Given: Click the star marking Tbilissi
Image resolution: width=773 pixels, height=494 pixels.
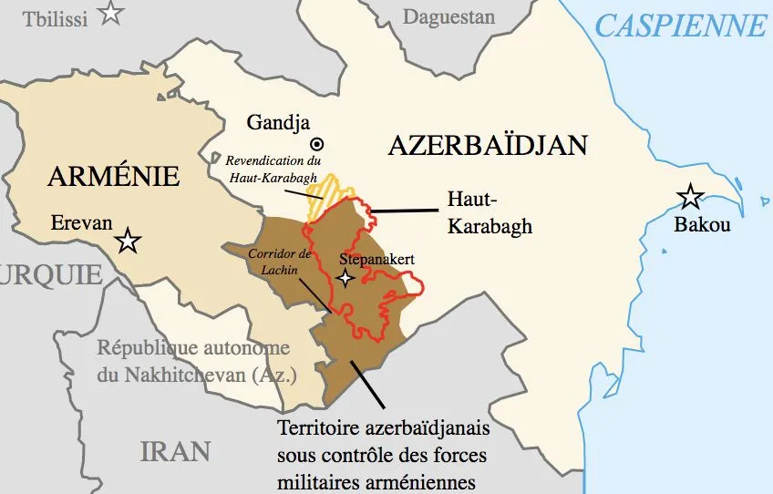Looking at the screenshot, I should coord(111,14).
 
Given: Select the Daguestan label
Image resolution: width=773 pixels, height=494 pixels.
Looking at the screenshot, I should coord(448,16).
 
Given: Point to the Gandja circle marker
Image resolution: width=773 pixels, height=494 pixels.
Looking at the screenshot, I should coord(317,143).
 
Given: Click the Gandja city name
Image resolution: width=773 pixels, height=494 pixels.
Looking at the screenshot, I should coord(278,122).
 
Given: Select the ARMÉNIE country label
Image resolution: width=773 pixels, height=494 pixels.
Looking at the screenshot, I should coord(113,176).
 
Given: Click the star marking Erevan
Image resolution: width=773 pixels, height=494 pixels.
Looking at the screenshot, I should coord(128,242).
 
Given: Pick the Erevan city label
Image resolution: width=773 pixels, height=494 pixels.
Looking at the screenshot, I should coord(82,223).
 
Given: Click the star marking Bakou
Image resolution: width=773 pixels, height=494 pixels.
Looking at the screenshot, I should coord(690,196).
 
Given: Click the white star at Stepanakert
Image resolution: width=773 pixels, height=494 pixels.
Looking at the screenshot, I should coord(345,279).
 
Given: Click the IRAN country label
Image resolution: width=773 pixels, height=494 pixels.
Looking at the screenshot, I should coord(175,450).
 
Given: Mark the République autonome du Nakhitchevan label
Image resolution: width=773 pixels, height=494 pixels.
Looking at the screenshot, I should coord(193,361).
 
